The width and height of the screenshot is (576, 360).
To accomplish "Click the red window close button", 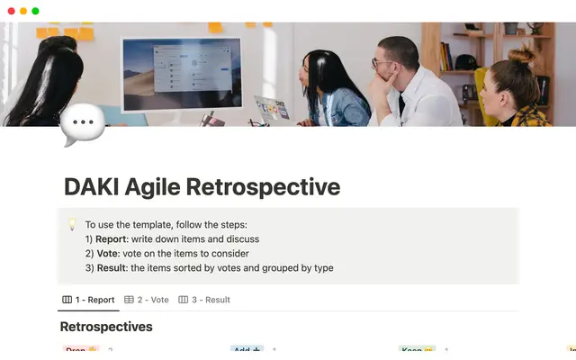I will (x=10, y=11).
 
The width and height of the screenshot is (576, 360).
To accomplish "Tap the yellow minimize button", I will (x=22, y=11).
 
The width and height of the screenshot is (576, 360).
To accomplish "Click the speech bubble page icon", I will (x=82, y=125).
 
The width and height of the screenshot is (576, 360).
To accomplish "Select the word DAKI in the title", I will (x=94, y=187).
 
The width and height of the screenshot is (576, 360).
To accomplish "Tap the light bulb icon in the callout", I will (x=73, y=224).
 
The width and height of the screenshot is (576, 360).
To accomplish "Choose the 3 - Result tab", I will (x=204, y=300).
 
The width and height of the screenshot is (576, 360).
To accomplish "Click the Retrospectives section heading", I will (x=106, y=326).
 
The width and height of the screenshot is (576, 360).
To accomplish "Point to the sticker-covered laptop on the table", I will (x=273, y=109).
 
